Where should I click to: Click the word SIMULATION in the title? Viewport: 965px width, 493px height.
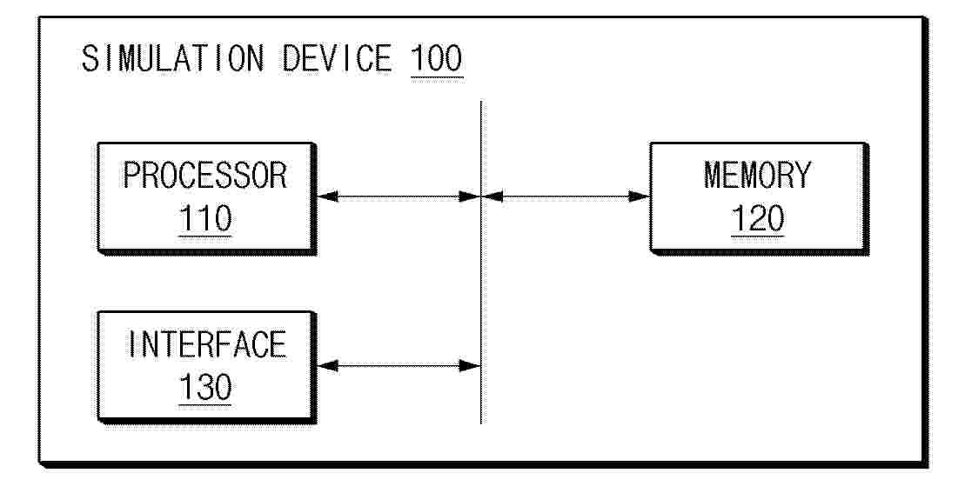point(173,60)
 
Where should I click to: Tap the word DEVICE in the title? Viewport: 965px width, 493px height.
point(337,60)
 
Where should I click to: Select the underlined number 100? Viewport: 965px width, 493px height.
point(436,60)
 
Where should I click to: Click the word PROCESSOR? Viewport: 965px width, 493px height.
point(205,176)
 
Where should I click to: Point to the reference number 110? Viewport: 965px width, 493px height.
point(205,219)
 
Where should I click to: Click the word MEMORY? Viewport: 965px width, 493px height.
point(758,176)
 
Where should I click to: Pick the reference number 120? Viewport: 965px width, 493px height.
point(758,219)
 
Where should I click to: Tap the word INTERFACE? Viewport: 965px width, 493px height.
point(206,344)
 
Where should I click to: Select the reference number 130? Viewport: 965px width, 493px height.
point(205,387)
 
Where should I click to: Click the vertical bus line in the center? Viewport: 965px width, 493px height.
point(480,263)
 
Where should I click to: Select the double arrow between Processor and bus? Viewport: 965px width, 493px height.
point(398,197)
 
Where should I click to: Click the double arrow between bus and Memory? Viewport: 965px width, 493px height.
point(566,197)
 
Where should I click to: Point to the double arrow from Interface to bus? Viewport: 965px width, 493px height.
point(398,366)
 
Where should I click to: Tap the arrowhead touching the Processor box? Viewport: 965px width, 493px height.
point(327,197)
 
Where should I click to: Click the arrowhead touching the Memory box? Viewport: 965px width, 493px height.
point(640,197)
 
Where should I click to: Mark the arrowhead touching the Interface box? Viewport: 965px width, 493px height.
point(327,366)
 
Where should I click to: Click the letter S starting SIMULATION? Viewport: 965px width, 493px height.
point(90,60)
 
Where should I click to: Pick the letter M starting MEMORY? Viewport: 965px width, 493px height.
point(714,176)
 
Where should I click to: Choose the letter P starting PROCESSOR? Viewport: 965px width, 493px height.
point(131,176)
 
